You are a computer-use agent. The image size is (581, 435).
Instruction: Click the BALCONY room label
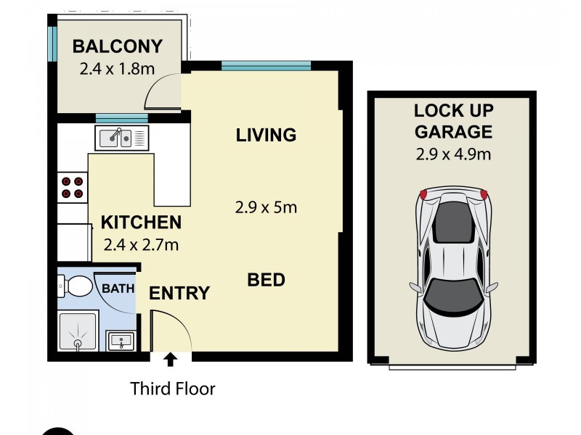tap(117, 47)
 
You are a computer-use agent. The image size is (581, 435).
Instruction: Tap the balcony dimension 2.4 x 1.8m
tap(117, 70)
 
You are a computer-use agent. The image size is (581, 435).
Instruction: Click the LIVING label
tap(266, 135)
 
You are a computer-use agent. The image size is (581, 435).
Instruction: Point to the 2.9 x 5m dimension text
tap(266, 208)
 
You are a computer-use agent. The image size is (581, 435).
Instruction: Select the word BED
tap(266, 279)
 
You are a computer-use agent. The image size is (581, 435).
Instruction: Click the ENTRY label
tap(179, 294)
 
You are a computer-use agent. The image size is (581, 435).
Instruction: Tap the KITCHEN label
tap(140, 222)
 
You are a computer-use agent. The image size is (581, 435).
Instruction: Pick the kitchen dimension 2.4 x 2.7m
tap(140, 244)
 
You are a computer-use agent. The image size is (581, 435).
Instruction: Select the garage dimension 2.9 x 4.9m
tap(454, 154)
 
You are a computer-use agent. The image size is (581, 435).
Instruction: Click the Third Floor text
tap(173, 389)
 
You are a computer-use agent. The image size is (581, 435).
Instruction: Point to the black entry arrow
tap(170, 357)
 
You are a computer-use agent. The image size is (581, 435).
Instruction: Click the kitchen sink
tap(121, 136)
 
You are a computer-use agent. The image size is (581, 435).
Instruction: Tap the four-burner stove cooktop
tap(72, 187)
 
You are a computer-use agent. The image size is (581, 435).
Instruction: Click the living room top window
tap(266, 67)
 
